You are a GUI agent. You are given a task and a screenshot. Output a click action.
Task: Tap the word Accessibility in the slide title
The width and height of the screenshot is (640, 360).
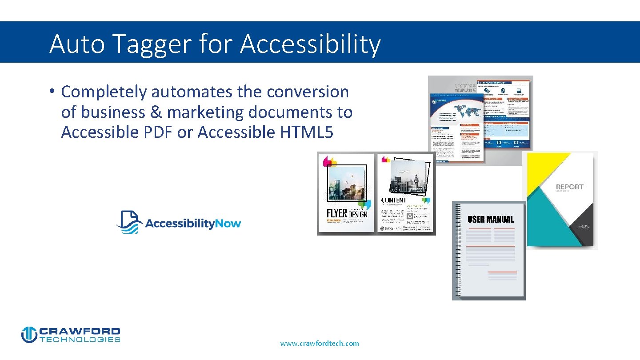click(311, 44)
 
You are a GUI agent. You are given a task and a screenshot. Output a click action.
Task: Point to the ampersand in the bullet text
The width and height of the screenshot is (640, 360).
click(156, 112)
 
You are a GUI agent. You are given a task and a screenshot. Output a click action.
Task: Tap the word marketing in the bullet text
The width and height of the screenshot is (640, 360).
click(205, 112)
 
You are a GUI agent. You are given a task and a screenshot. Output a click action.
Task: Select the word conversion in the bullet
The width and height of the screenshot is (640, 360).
click(308, 92)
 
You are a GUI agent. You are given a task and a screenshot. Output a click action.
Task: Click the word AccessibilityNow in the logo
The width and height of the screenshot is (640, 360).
click(193, 223)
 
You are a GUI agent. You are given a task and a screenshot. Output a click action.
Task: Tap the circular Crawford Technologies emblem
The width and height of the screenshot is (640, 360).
click(29, 335)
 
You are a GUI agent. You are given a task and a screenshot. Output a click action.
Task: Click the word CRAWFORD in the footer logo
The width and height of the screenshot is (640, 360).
click(80, 332)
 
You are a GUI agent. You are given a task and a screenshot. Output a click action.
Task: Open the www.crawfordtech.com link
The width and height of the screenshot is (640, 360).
click(320, 343)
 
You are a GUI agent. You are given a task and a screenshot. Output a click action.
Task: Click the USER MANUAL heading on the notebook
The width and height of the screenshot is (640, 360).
click(490, 220)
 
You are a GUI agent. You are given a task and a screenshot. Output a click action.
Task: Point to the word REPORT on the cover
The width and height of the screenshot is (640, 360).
click(569, 187)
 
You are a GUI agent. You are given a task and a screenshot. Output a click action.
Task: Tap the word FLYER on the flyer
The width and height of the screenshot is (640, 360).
click(336, 213)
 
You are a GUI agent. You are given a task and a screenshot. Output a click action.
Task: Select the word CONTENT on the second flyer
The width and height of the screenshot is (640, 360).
click(394, 200)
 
